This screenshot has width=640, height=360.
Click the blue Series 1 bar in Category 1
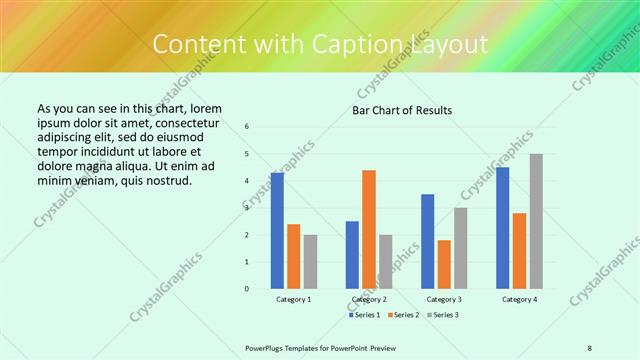(277, 231)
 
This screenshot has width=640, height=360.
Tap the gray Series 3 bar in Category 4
(536, 221)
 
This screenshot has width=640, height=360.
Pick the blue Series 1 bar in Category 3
(428, 241)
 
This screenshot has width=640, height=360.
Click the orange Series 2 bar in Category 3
(444, 264)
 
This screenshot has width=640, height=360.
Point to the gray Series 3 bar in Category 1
(310, 261)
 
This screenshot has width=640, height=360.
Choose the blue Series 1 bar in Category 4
(503, 228)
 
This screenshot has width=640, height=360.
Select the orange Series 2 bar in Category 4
(519, 250)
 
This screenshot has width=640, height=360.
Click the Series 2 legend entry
(403, 315)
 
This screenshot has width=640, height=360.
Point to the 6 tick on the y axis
(247, 127)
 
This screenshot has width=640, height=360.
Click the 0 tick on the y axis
(247, 289)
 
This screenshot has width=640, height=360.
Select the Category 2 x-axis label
(369, 299)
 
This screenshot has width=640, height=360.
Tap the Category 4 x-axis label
(519, 299)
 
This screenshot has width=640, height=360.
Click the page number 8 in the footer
(590, 347)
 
